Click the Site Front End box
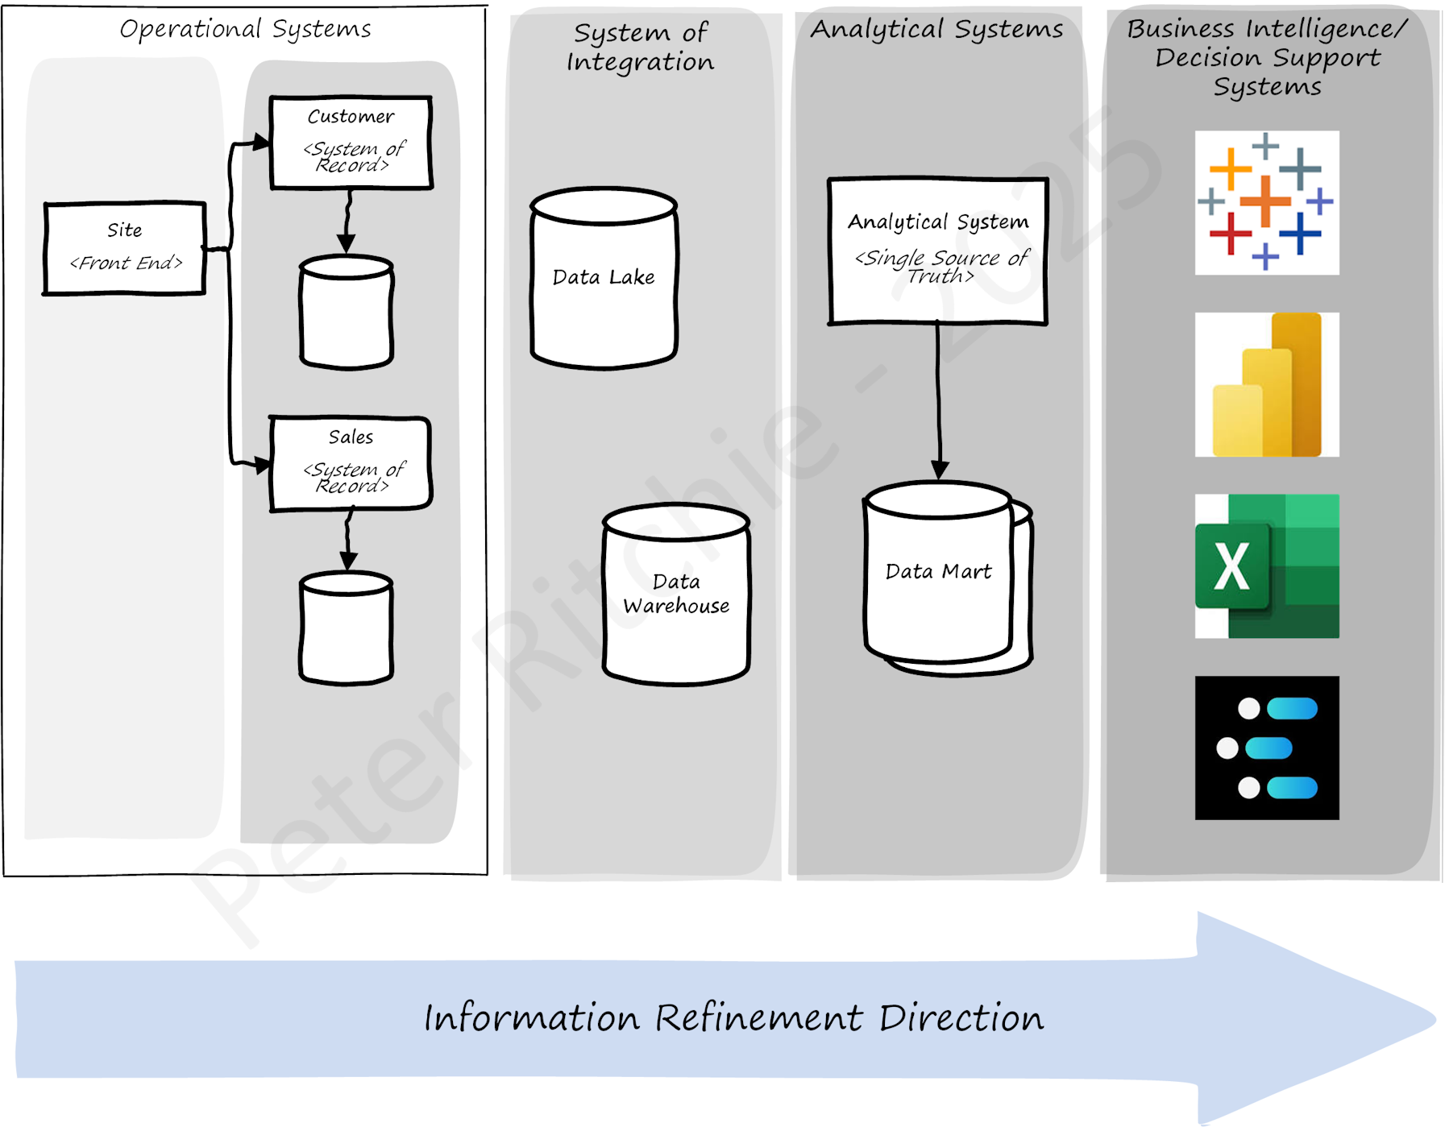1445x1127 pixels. point(125,248)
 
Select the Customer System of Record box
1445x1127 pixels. point(351,143)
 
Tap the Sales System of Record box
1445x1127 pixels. point(351,464)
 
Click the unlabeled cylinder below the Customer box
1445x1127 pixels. point(347,313)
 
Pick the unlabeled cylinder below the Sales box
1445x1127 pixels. point(347,628)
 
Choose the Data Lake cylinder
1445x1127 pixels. point(604,279)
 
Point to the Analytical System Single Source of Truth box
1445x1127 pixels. point(938,251)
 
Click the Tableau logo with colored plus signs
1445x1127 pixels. point(1266,203)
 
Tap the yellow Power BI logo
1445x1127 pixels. point(1266,384)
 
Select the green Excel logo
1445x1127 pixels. point(1266,566)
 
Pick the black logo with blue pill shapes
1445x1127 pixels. point(1266,748)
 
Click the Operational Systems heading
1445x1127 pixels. point(245,30)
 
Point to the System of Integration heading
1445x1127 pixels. point(641,48)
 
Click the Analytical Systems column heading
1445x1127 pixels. point(936,30)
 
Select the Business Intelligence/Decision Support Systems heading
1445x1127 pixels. point(1267,58)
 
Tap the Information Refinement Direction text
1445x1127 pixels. point(733,1018)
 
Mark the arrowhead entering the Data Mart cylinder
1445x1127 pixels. point(940,470)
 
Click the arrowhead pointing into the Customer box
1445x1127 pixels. point(261,143)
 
